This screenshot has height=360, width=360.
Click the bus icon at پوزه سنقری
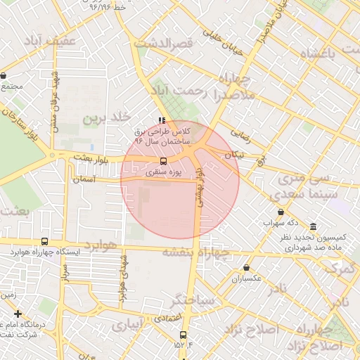pyautogui.click(x=164, y=160)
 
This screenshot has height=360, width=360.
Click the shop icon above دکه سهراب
pyautogui.click(x=281, y=212)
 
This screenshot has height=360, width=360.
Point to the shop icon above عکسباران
pyautogui.click(x=246, y=267)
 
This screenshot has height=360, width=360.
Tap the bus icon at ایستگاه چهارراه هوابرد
pyautogui.click(x=45, y=240)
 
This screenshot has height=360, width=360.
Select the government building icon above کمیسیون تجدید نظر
pyautogui.click(x=312, y=226)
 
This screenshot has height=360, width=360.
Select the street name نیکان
pyautogui.click(x=235, y=154)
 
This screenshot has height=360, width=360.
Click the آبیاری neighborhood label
pyautogui.click(x=127, y=325)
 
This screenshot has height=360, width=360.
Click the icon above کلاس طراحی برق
pyautogui.click(x=162, y=120)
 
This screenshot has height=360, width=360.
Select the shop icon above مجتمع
pyautogui.click(x=4, y=75)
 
